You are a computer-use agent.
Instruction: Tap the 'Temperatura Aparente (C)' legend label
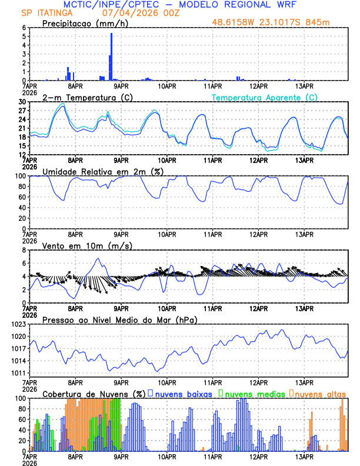[x=264, y=97]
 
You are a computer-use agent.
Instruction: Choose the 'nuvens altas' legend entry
[x=321, y=393]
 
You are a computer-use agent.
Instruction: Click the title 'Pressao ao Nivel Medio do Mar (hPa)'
[x=119, y=319]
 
